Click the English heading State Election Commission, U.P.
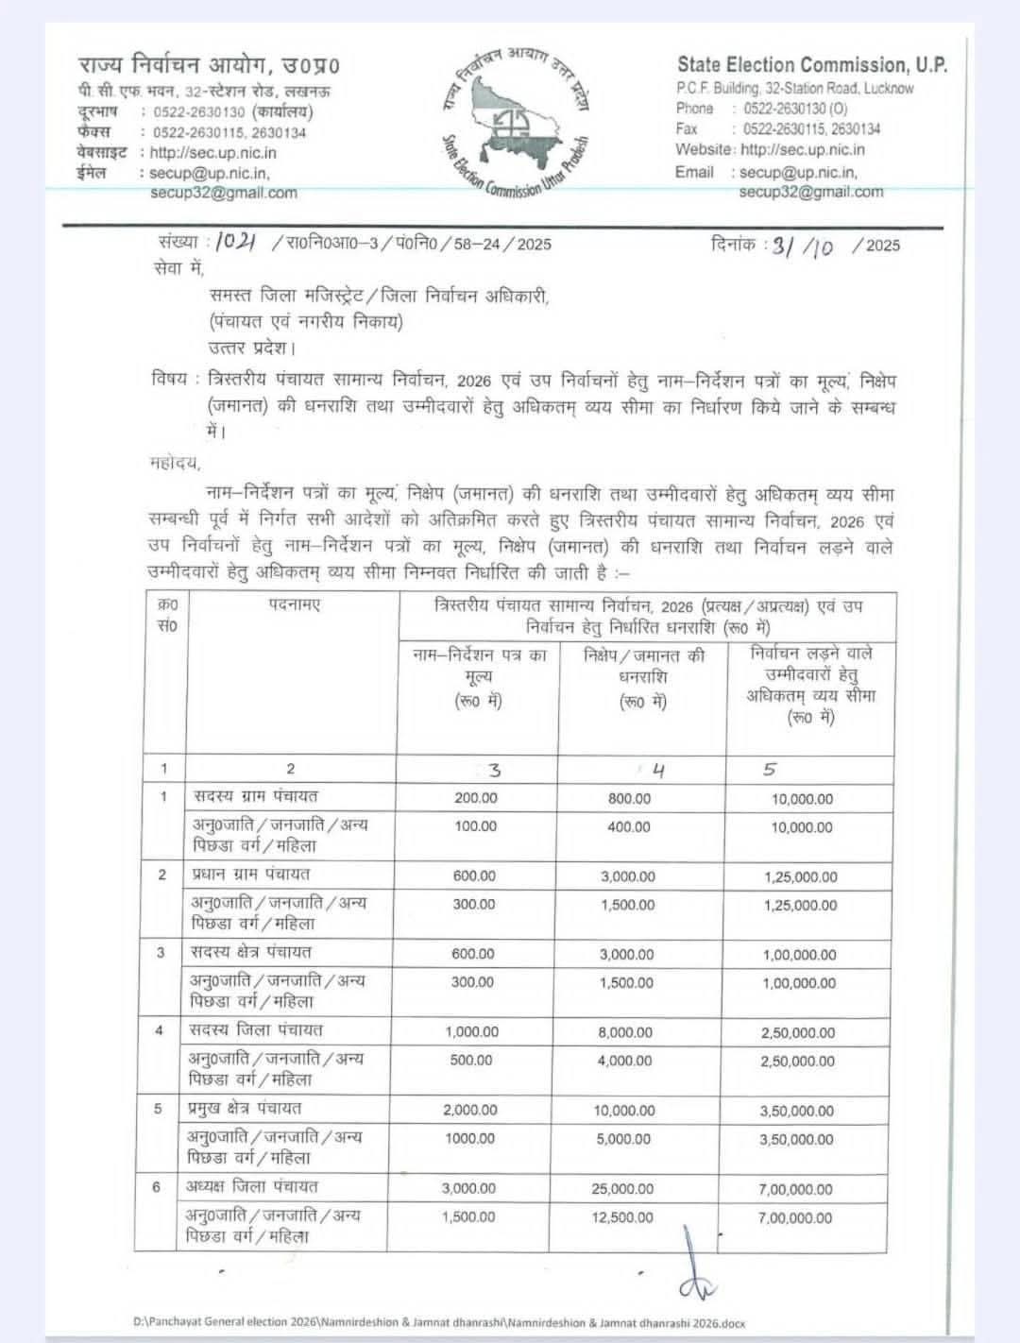812,64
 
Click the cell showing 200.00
475,798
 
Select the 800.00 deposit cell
629,798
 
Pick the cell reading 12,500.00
623,1217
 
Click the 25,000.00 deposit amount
622,1189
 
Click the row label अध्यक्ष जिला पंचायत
252,1186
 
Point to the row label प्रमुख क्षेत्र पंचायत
246,1109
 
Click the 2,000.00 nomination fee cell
470,1111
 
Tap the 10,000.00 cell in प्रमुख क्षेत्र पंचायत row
623,1111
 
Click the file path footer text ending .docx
438,1324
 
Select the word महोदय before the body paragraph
175,464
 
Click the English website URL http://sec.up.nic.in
803,149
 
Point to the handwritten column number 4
658,771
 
